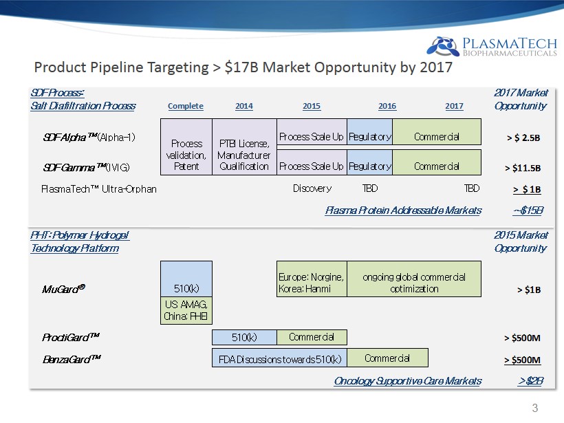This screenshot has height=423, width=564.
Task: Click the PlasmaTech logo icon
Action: [443, 46]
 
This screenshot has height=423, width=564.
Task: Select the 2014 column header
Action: [244, 106]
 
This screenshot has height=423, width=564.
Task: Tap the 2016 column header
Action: [387, 106]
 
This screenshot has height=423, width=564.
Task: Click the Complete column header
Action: [186, 106]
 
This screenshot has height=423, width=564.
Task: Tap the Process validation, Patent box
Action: [186, 147]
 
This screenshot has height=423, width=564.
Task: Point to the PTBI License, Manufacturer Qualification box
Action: [245, 147]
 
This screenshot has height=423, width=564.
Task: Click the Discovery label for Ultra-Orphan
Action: [312, 188]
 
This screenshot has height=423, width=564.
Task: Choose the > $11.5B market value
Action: [523, 168]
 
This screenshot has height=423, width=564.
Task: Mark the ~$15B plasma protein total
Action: [528, 210]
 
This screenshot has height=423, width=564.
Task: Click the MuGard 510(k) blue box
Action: [186, 279]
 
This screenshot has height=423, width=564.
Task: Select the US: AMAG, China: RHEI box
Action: [186, 310]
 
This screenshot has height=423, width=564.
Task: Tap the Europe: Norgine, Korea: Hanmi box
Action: [312, 279]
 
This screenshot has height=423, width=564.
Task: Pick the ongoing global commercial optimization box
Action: [414, 279]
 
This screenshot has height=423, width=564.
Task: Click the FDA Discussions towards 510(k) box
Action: [279, 358]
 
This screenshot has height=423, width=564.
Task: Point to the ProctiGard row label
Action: [71, 337]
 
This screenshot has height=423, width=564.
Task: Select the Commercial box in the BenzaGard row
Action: [387, 358]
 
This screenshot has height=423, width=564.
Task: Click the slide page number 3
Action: [535, 408]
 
